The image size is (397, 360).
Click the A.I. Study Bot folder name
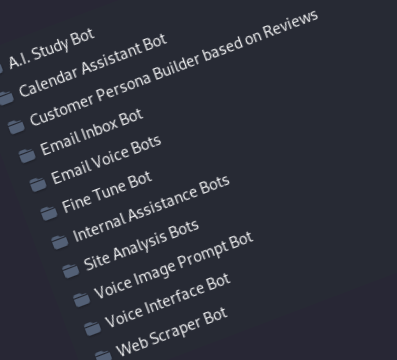click(x=52, y=48)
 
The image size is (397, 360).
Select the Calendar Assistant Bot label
click(x=93, y=65)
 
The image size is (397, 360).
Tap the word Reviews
click(x=290, y=24)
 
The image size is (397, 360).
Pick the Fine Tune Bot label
click(x=107, y=192)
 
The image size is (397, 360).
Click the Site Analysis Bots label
click(x=141, y=245)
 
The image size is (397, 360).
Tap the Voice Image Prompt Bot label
click(x=174, y=265)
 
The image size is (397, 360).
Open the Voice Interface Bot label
click(x=168, y=300)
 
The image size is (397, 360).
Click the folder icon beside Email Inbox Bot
click(x=27, y=155)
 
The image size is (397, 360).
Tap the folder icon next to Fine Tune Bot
click(x=49, y=213)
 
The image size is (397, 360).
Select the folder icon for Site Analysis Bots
click(x=70, y=271)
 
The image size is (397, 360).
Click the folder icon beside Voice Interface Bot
click(x=92, y=328)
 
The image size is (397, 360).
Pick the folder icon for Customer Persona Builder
click(x=16, y=126)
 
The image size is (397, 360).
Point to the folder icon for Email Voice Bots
click(x=38, y=184)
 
